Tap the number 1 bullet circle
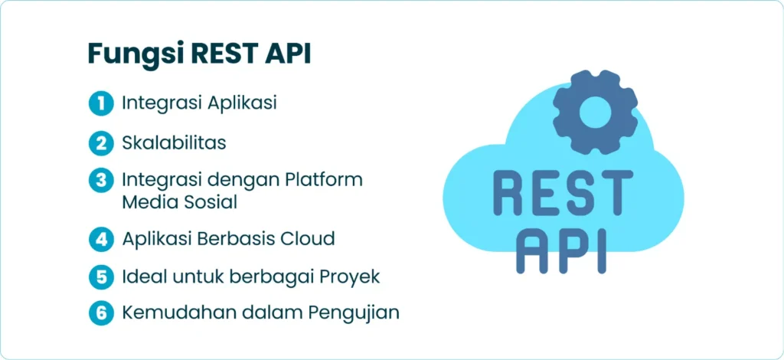102,103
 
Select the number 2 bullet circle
102,143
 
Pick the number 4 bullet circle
102,239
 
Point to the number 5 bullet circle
102,277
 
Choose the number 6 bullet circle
102,313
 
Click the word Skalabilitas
174,143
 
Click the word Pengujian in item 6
353,313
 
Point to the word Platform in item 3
324,180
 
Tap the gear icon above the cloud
595,112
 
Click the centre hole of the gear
595,112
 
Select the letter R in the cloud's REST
509,192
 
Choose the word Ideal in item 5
143,277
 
